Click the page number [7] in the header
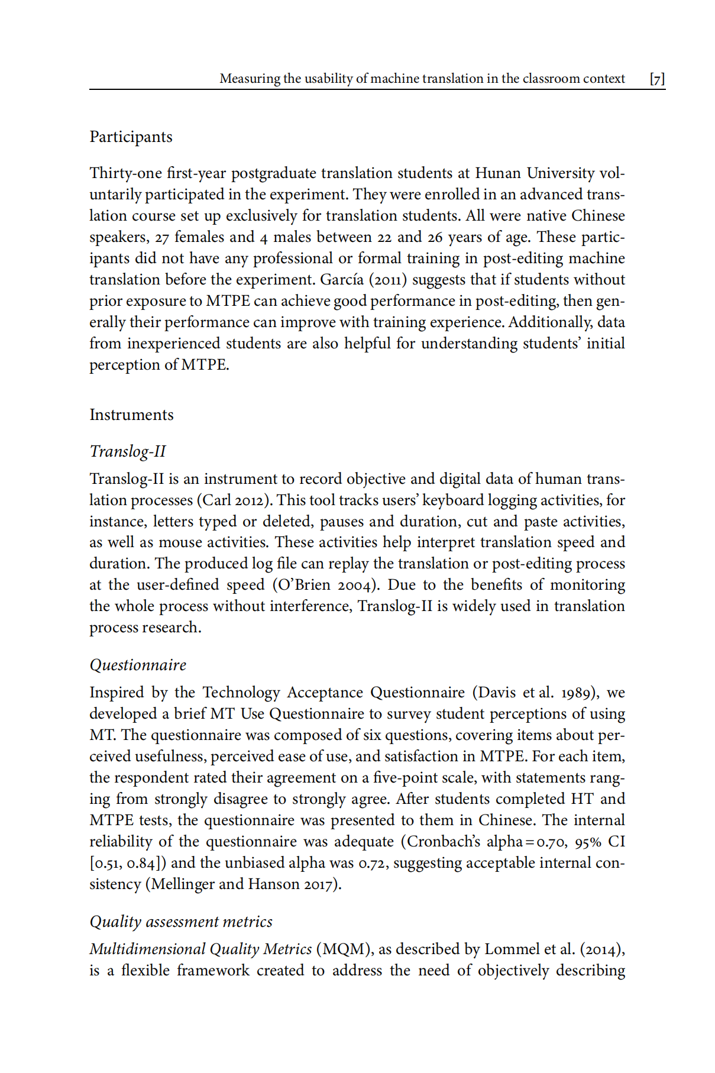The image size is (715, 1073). [x=657, y=79]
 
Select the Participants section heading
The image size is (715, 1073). [x=131, y=137]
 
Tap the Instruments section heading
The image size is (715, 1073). [x=131, y=415]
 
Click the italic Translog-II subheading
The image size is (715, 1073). [x=128, y=451]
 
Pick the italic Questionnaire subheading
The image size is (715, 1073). [x=138, y=665]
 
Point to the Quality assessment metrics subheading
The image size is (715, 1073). [x=181, y=922]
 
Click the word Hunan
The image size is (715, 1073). [x=498, y=173]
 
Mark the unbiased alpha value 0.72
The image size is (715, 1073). [x=373, y=863]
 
